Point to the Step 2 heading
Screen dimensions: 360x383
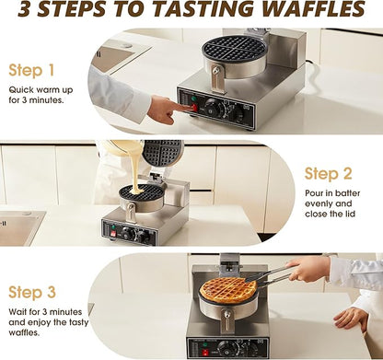tap(330, 173)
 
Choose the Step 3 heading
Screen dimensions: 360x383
tap(32, 292)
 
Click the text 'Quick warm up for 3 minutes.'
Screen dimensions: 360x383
tap(37, 95)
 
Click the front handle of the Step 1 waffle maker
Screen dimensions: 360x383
tap(216, 79)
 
